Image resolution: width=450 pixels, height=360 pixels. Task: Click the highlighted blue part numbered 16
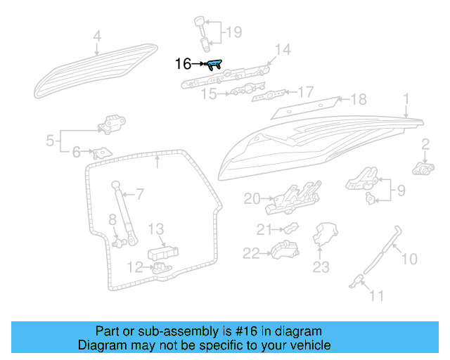coord(214,65)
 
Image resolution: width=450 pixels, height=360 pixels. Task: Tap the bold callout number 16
coord(182,64)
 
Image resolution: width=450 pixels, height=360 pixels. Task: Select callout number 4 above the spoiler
coord(97,35)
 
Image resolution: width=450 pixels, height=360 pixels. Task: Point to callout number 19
coord(233,32)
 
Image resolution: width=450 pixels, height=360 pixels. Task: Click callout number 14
coord(282,49)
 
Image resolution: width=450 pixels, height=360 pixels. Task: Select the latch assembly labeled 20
coord(289,199)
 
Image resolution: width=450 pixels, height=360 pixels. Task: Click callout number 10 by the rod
coord(409,259)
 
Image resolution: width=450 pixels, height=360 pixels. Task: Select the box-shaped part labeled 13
coord(162,252)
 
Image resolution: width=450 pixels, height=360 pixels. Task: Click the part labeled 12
coord(162,268)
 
